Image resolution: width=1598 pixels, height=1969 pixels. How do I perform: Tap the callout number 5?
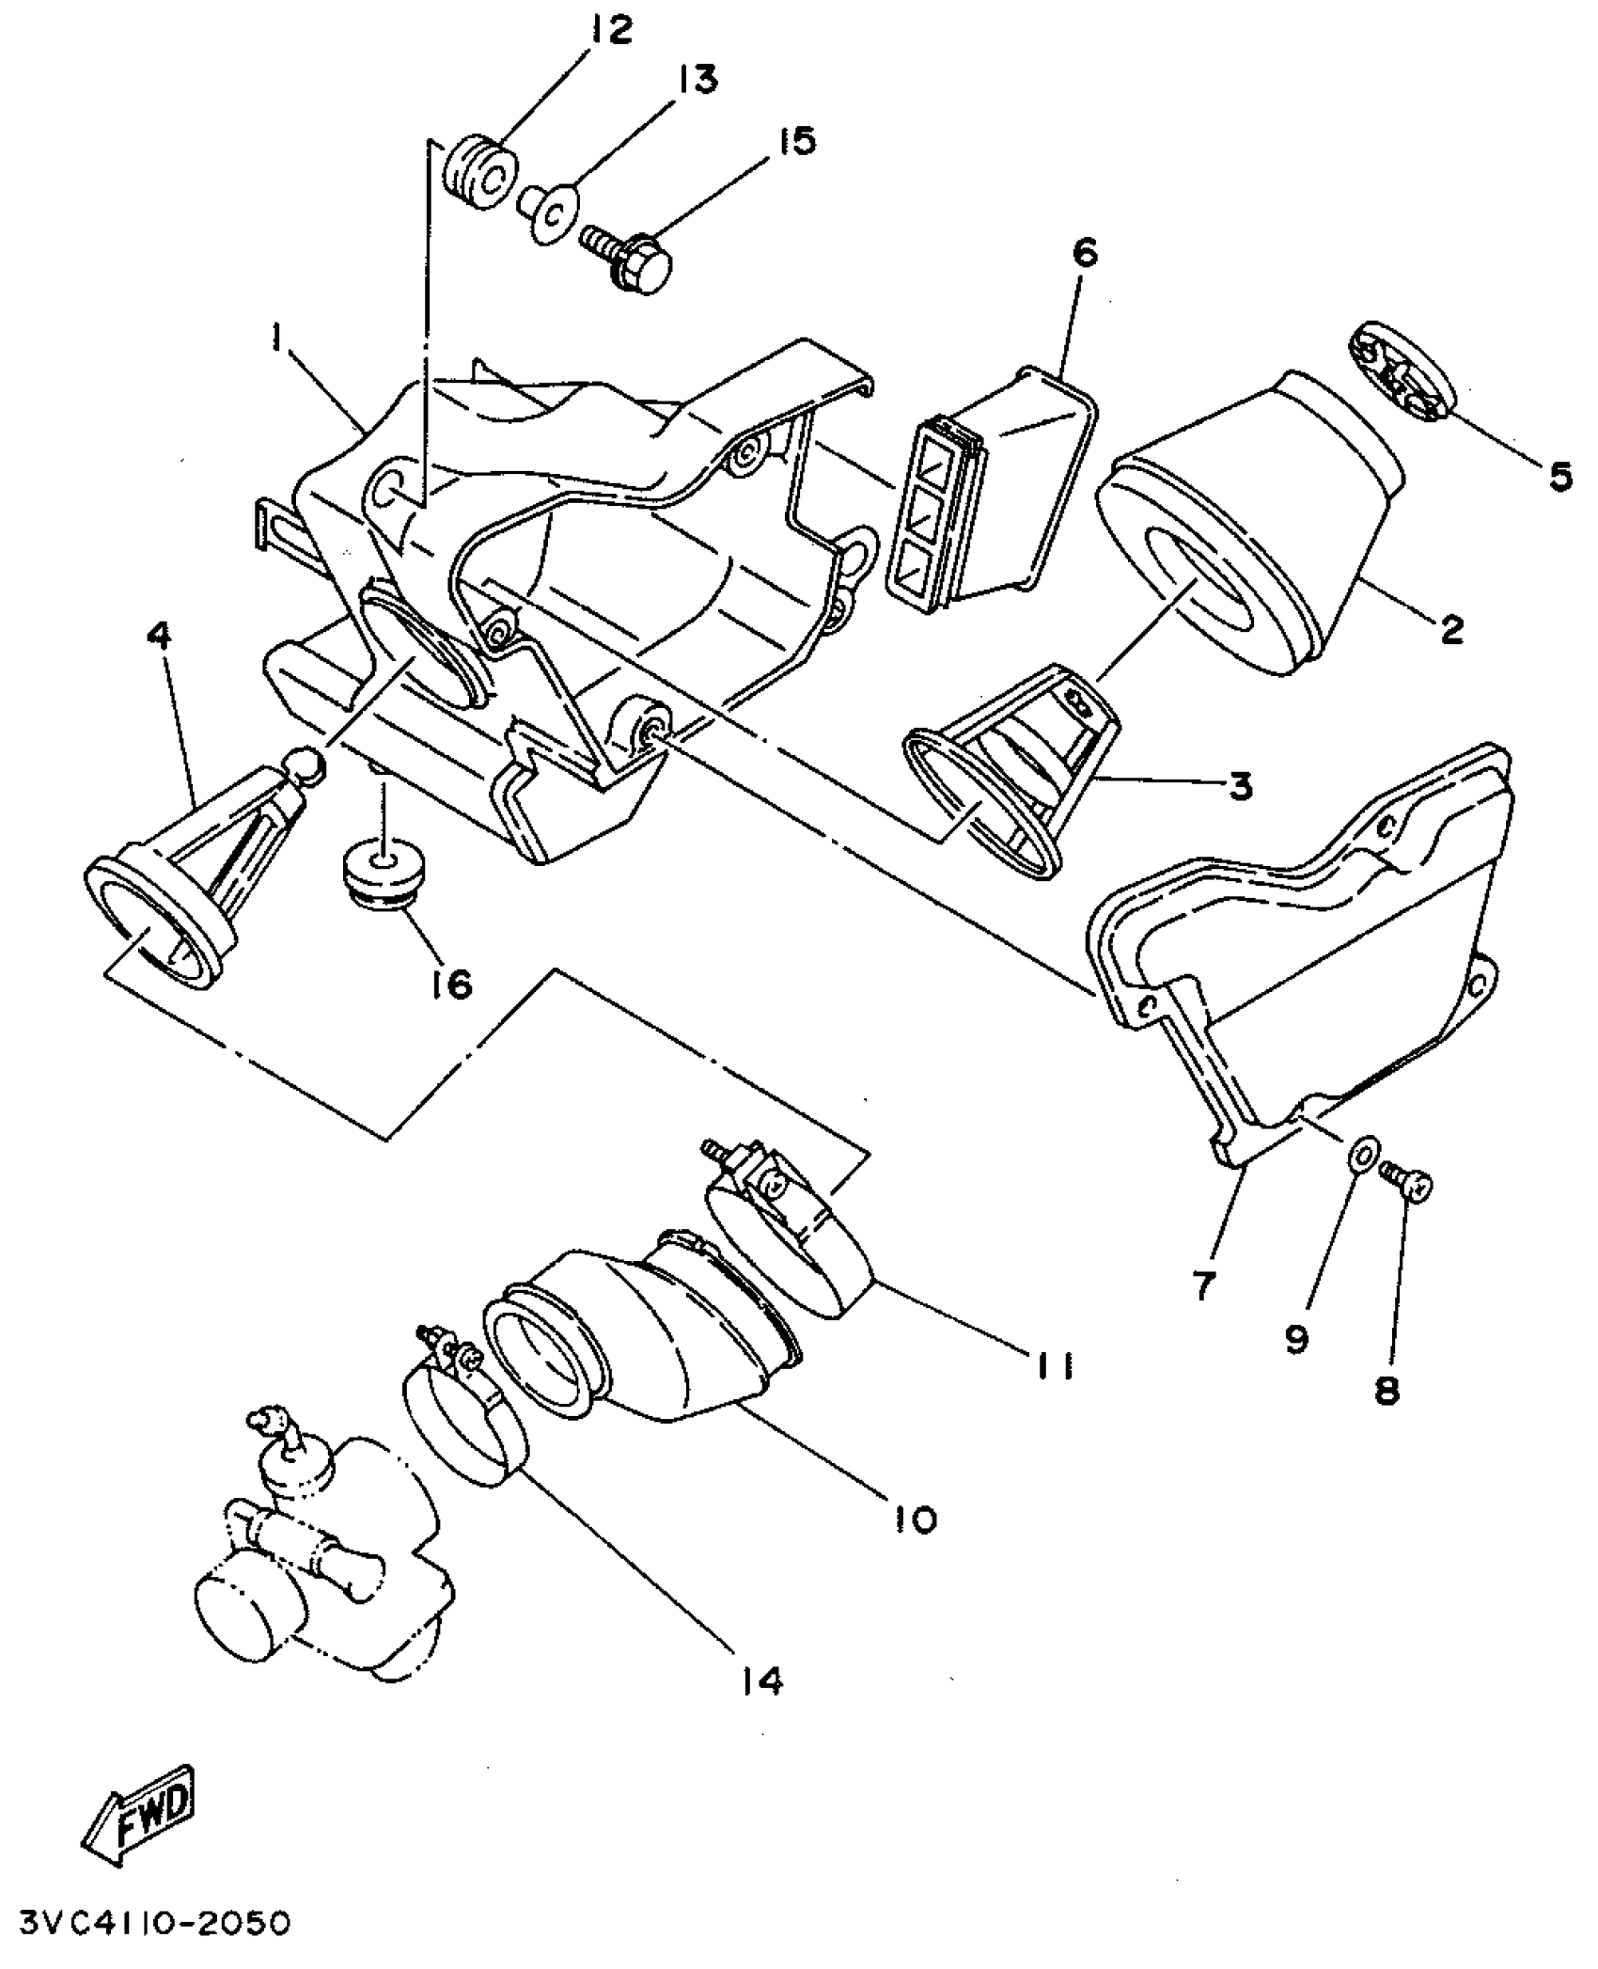pos(1559,477)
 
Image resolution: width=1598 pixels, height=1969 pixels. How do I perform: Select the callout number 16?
pos(452,984)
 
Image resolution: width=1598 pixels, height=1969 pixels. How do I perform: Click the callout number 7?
pos(1204,1283)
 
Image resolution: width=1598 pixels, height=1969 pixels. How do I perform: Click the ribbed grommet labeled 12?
pos(481,176)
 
